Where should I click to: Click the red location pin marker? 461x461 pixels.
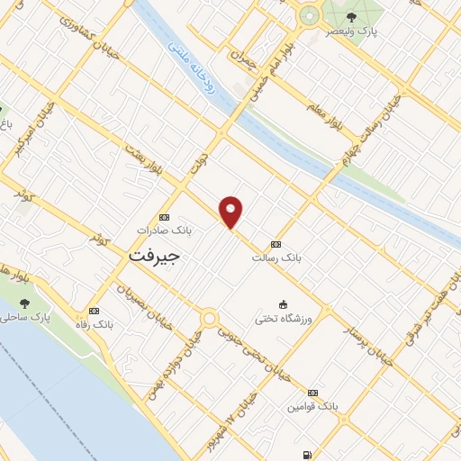pos(232,212)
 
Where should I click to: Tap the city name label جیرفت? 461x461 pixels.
pos(154,255)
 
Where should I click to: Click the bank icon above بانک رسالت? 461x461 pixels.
pos(275,244)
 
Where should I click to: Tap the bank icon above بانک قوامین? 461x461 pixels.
pos(312,393)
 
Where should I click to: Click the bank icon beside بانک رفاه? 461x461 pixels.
pos(94,310)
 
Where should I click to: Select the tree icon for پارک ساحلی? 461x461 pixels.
pos(24,303)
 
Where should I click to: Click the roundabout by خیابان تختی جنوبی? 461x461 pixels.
pos(209,318)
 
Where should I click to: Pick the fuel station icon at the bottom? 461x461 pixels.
pos(309,455)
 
